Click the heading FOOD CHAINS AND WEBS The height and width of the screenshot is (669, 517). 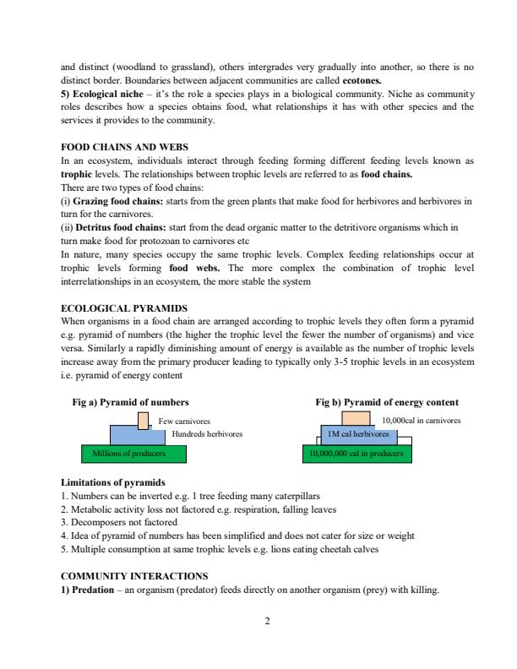(125, 146)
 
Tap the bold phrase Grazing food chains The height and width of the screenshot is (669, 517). (114, 203)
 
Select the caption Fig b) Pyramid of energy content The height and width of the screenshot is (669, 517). (386, 402)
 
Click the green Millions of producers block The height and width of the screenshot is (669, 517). (127, 454)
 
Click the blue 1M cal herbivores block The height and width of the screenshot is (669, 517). (358, 434)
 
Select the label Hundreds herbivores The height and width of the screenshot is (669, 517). (207, 433)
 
